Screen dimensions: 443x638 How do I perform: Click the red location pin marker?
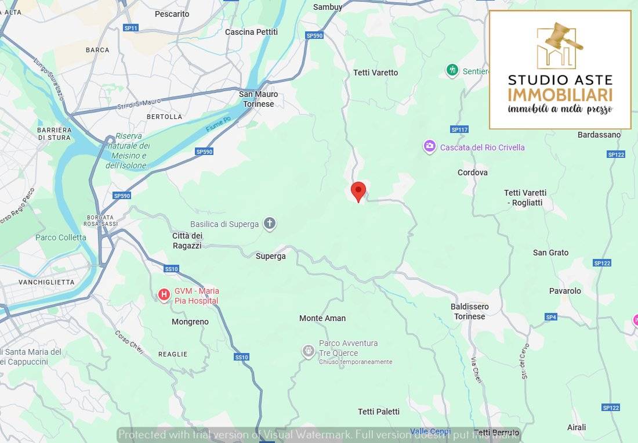358,190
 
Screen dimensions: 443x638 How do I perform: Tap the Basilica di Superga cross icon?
269,224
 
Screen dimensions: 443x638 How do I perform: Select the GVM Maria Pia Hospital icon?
164,295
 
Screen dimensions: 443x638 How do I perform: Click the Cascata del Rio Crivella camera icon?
429,147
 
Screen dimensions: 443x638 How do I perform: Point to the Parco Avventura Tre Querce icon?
308,351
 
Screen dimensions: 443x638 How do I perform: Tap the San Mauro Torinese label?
259,99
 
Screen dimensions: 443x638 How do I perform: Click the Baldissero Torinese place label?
470,311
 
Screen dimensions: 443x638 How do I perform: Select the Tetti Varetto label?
376,73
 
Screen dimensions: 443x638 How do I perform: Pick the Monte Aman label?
322,318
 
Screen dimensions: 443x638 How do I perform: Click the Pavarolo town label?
565,291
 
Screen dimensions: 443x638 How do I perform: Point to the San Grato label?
551,253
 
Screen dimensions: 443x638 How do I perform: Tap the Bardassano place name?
599,135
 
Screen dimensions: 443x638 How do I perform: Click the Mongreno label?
190,322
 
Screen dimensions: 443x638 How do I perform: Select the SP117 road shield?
459,129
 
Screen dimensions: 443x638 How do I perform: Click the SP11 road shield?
131,28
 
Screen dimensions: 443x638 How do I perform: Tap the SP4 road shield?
551,317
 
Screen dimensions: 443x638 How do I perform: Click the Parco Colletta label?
61,237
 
